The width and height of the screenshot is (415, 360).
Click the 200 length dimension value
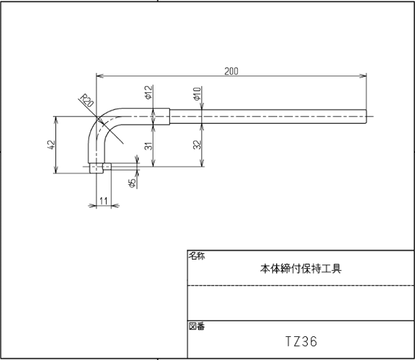232,71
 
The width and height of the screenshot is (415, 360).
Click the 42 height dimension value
51,145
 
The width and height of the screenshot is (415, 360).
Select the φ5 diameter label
132,183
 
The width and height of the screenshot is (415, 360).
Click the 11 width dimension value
104,200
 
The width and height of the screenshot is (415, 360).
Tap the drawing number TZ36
300,342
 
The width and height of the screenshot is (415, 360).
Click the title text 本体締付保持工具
300,268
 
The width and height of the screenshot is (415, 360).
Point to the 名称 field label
197,256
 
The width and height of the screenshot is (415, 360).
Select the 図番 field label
197,327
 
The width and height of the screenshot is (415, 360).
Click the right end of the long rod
366,117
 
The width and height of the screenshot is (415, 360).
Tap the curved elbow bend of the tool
95,124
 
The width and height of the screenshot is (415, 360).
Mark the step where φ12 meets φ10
169,117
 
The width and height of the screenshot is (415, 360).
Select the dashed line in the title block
300,285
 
